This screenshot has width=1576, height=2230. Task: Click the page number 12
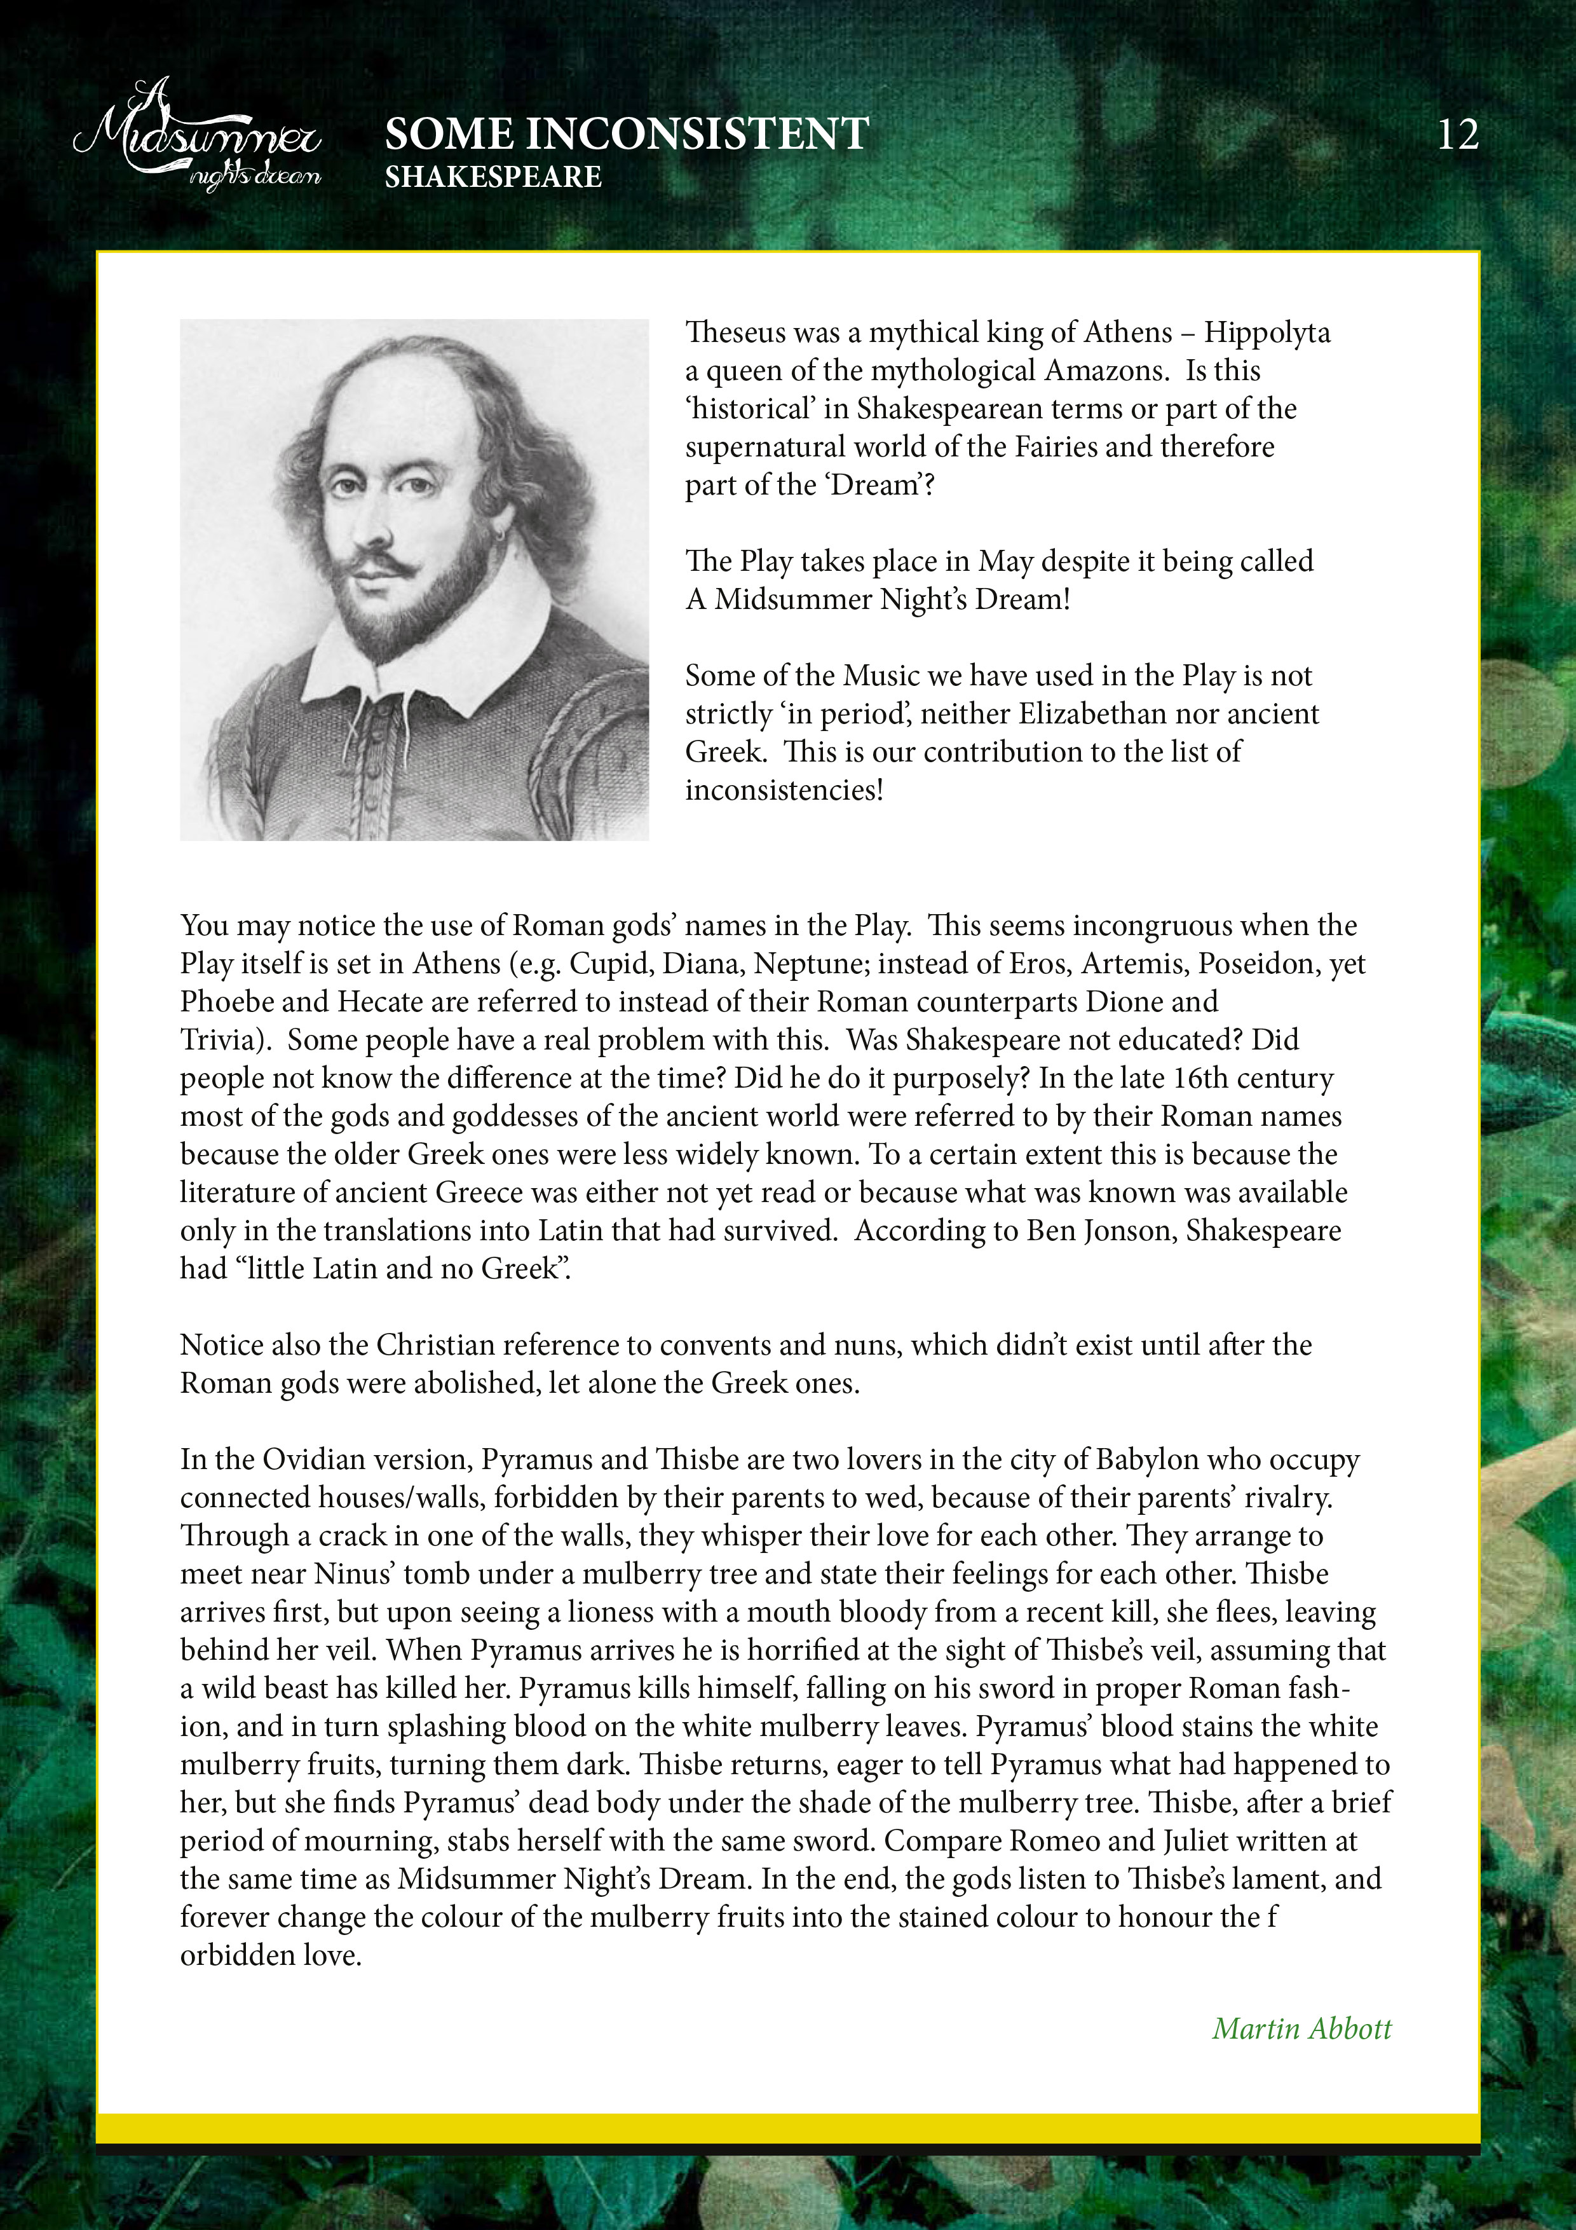(x=1458, y=135)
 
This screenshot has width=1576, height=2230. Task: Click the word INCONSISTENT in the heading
(x=696, y=134)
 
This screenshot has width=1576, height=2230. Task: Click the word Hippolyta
(x=1267, y=332)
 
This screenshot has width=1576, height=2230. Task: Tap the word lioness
(x=622, y=1612)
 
